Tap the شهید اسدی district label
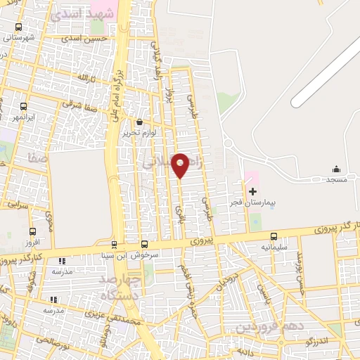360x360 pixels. click(77, 14)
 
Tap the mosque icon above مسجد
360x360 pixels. click(336, 169)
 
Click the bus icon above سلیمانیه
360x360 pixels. click(274, 236)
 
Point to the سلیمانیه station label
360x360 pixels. click(274, 247)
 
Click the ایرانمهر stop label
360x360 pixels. click(25, 116)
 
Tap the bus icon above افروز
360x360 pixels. click(32, 231)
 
